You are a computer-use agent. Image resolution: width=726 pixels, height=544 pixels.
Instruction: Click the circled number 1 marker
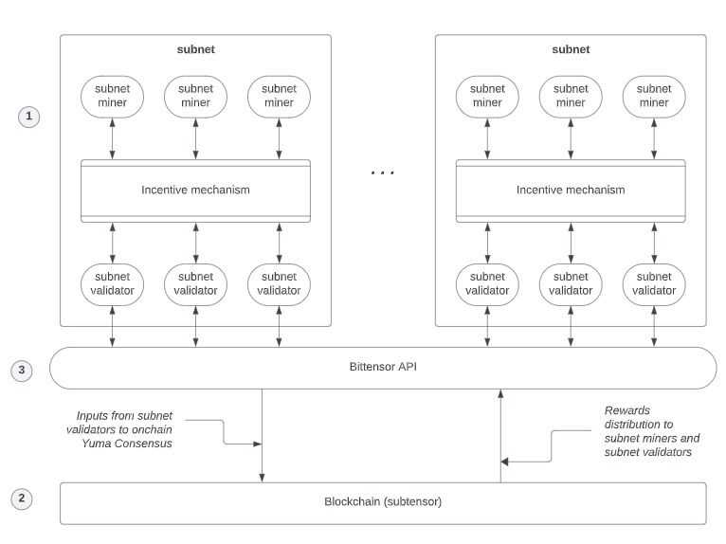29,117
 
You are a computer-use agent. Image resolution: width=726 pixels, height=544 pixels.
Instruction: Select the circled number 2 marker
21,499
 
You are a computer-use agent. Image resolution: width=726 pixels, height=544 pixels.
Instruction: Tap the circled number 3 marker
21,370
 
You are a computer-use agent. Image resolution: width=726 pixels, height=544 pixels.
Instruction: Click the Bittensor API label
383,367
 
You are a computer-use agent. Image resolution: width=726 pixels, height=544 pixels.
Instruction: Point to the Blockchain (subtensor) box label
383,501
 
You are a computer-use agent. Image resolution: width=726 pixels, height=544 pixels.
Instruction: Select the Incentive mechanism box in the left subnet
195,190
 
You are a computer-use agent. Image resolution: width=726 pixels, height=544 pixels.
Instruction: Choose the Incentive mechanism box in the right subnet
571,190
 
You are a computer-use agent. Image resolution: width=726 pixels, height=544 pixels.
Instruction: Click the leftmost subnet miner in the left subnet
113,96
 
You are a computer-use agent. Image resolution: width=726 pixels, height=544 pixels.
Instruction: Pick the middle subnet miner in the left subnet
195,96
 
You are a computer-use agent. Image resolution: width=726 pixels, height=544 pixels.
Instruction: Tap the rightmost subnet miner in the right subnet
654,96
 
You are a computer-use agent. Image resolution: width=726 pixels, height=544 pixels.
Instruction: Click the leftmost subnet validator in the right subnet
487,283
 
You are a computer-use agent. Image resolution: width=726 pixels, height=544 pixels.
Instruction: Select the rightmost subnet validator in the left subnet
279,283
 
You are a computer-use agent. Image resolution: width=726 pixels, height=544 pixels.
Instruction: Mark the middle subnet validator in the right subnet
571,283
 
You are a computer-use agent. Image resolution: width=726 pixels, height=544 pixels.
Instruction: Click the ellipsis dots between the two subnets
383,173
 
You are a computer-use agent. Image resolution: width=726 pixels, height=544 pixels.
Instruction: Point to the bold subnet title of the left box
195,49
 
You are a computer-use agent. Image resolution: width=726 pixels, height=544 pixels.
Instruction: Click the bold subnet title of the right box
571,49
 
